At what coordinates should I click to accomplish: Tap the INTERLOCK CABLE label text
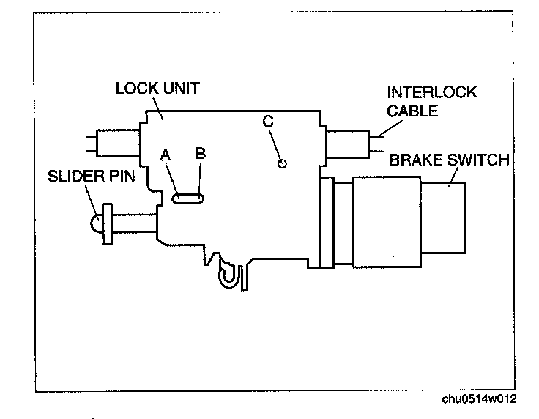421,102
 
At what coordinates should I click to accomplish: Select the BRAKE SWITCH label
449,159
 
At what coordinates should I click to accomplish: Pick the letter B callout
200,154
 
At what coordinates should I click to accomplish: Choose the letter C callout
268,122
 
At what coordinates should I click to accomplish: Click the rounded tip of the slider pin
96,223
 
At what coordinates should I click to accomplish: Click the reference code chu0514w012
479,399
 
